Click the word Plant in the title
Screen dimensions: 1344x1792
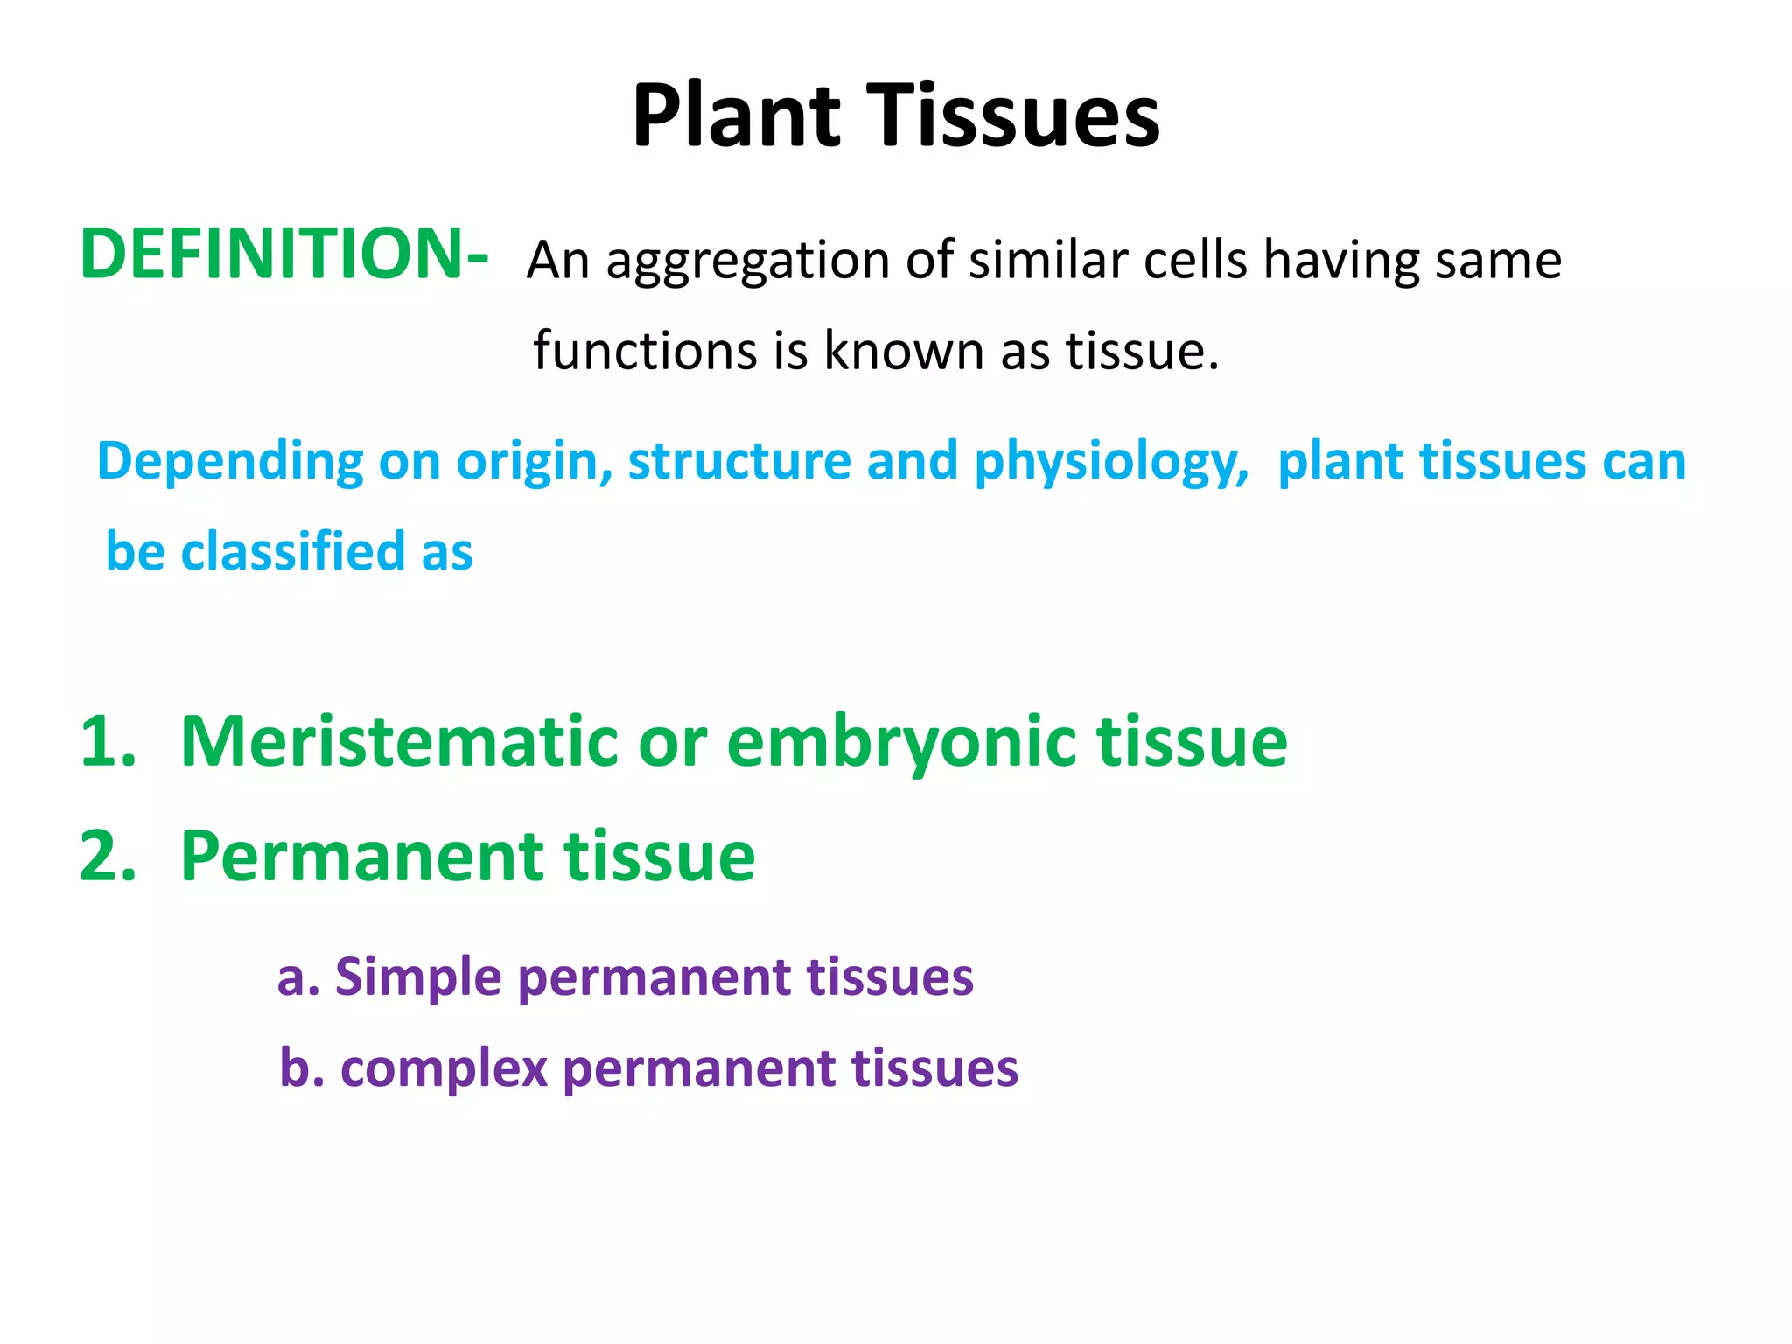(737, 115)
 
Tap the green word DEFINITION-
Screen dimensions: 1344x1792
(283, 254)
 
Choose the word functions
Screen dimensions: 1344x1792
(645, 351)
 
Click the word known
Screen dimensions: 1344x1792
(904, 351)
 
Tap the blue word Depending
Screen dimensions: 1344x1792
(229, 462)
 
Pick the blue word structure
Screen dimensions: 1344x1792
(738, 461)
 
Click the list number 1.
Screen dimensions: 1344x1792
(107, 742)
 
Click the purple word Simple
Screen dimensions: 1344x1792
(417, 977)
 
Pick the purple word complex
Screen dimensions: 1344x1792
(443, 1068)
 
